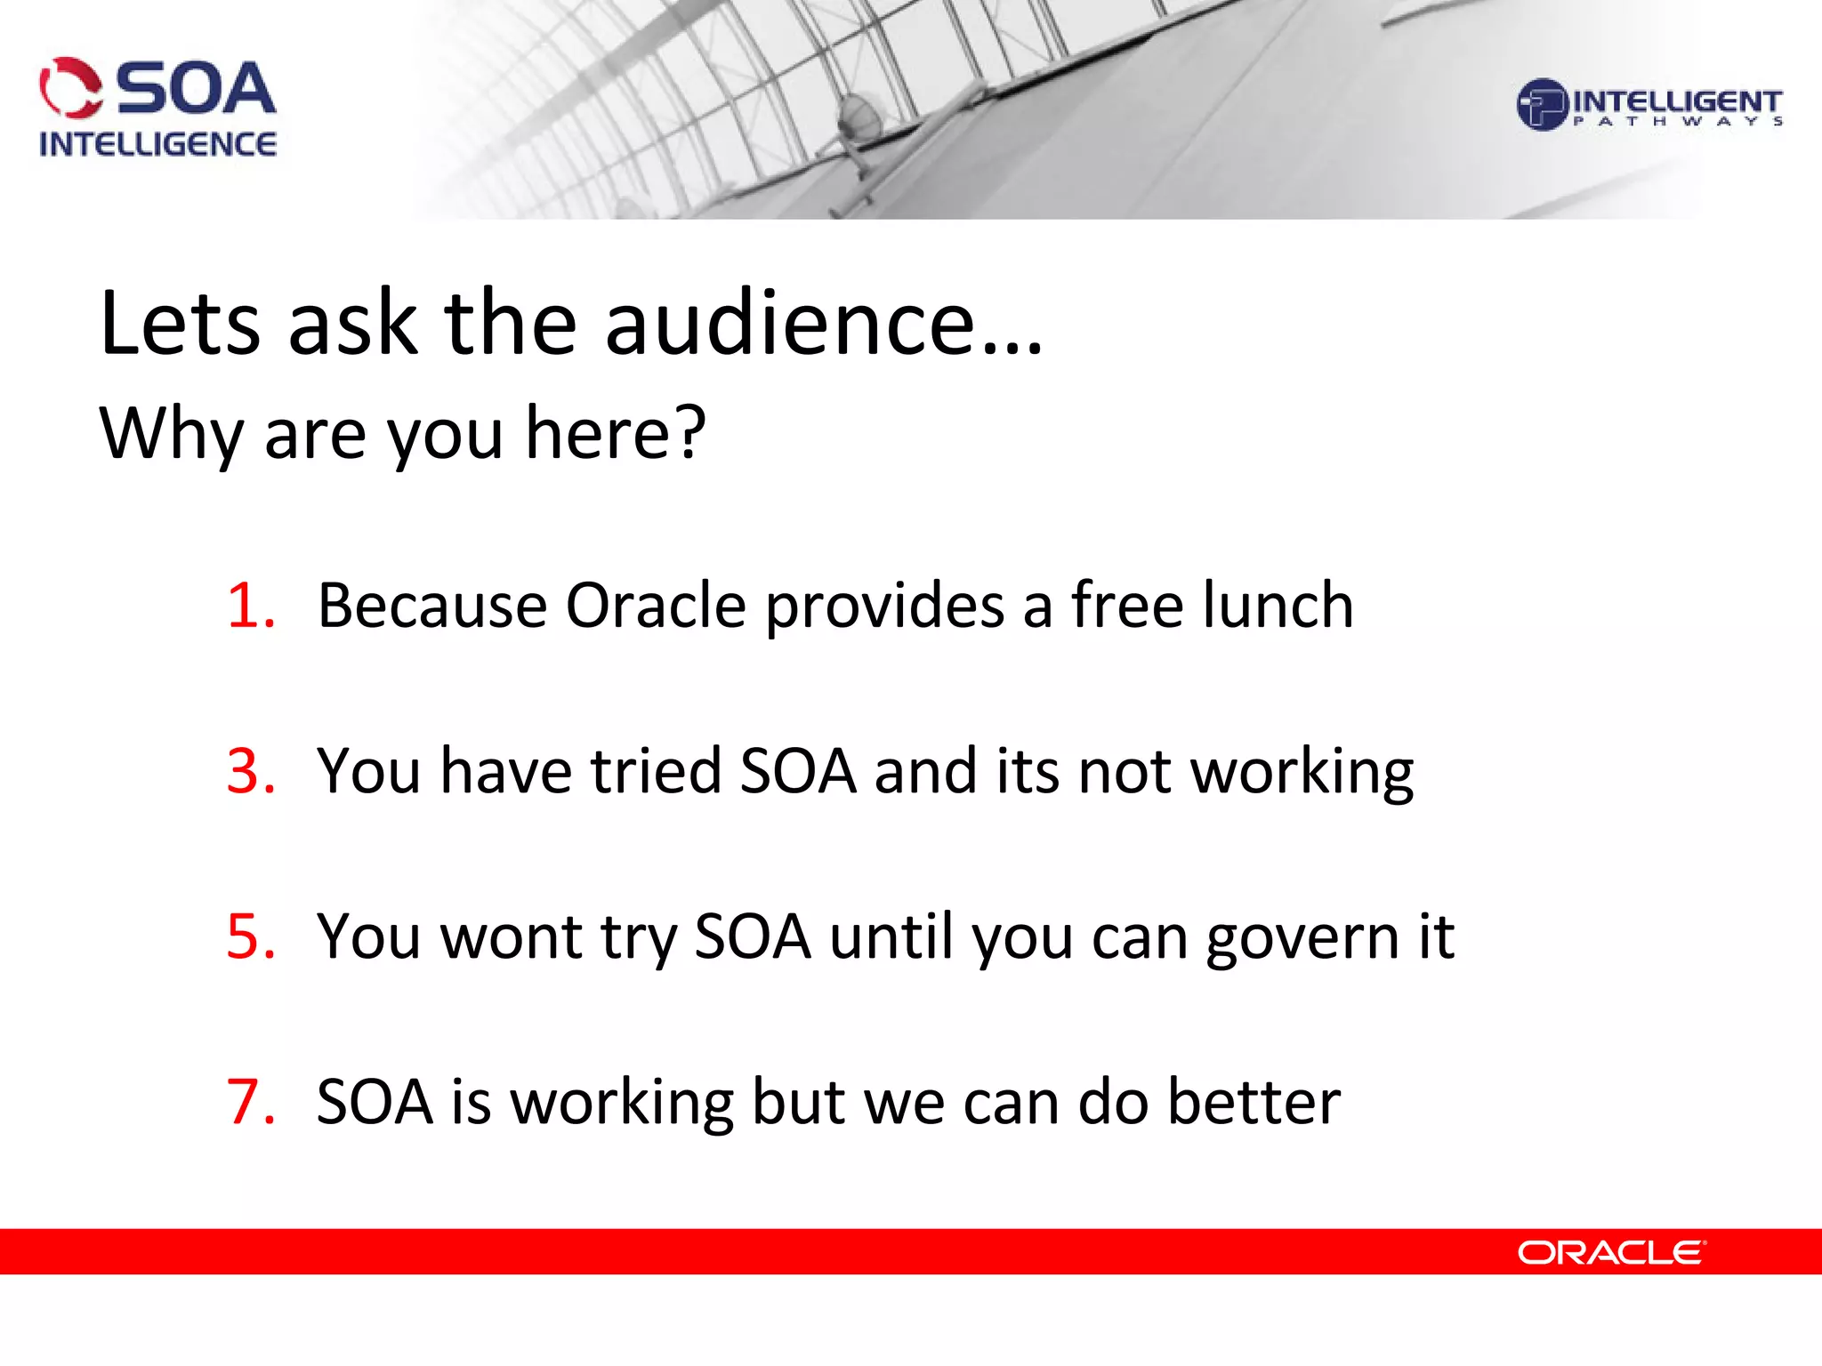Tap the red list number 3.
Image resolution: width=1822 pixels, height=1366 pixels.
249,771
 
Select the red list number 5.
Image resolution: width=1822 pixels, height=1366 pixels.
249,936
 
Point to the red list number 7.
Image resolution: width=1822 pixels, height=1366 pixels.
249,1102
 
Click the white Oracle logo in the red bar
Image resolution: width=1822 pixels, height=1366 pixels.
1610,1252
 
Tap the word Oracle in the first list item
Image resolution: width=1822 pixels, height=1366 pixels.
657,607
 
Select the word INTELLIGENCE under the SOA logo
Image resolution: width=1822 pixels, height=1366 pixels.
157,144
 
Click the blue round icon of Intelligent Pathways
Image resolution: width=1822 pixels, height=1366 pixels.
1541,105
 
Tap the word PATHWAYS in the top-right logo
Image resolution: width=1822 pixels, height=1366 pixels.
1677,122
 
